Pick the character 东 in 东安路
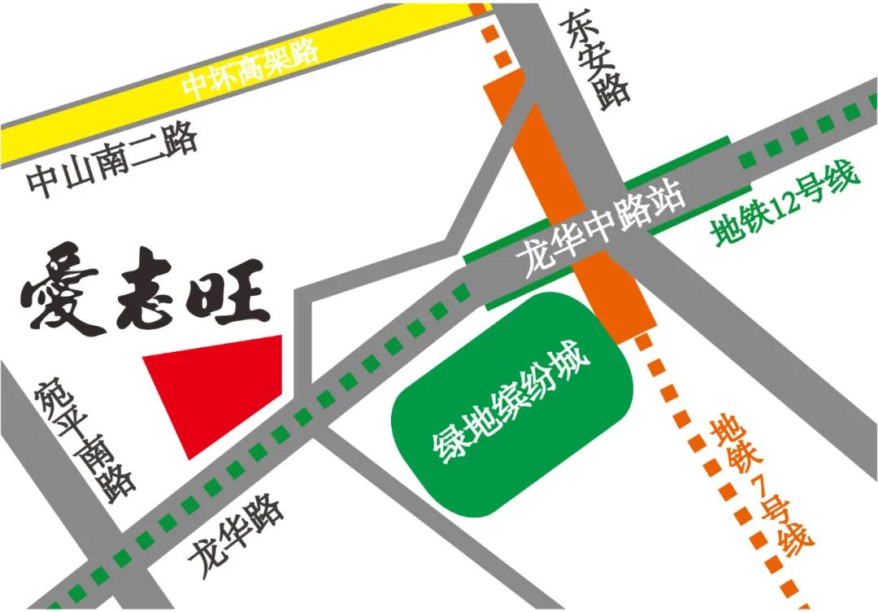pos(576,29)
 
